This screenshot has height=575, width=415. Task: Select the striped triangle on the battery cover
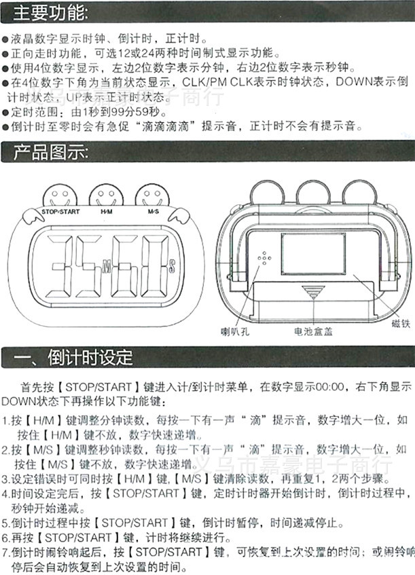(313, 293)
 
